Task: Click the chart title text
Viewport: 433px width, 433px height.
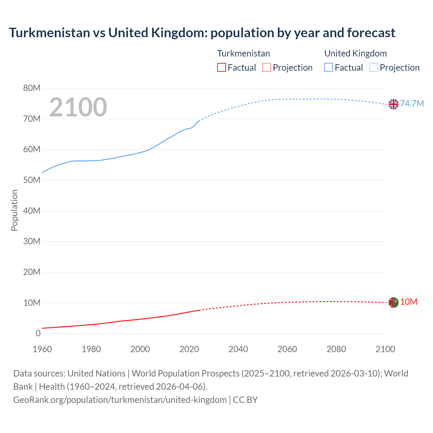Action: (202, 33)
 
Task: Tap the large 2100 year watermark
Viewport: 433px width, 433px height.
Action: (78, 107)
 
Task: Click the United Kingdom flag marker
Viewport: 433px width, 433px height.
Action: (393, 104)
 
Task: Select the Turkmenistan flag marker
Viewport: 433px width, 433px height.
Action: (393, 302)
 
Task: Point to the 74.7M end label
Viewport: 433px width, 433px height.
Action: (412, 104)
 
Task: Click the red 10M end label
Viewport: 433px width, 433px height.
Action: (409, 302)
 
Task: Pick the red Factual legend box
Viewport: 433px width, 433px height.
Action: (222, 68)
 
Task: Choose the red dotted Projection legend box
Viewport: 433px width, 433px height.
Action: (267, 68)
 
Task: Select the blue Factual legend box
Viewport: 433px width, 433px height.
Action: (328, 68)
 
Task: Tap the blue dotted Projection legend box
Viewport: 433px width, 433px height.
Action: (373, 68)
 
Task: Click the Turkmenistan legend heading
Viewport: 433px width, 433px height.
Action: (244, 53)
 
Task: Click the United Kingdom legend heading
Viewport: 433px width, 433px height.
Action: (355, 53)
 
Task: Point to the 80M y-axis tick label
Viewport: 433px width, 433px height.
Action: (32, 88)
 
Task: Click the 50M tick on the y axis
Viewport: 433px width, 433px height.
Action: (32, 180)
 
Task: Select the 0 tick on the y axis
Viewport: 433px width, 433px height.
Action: (38, 333)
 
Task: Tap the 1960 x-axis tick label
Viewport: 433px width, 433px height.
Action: (42, 349)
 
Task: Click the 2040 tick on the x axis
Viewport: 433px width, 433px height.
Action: (238, 349)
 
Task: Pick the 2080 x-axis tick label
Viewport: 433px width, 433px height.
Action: (336, 349)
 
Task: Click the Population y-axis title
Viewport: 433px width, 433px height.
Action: (14, 210)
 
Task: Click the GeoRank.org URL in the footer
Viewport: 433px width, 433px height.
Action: (120, 400)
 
